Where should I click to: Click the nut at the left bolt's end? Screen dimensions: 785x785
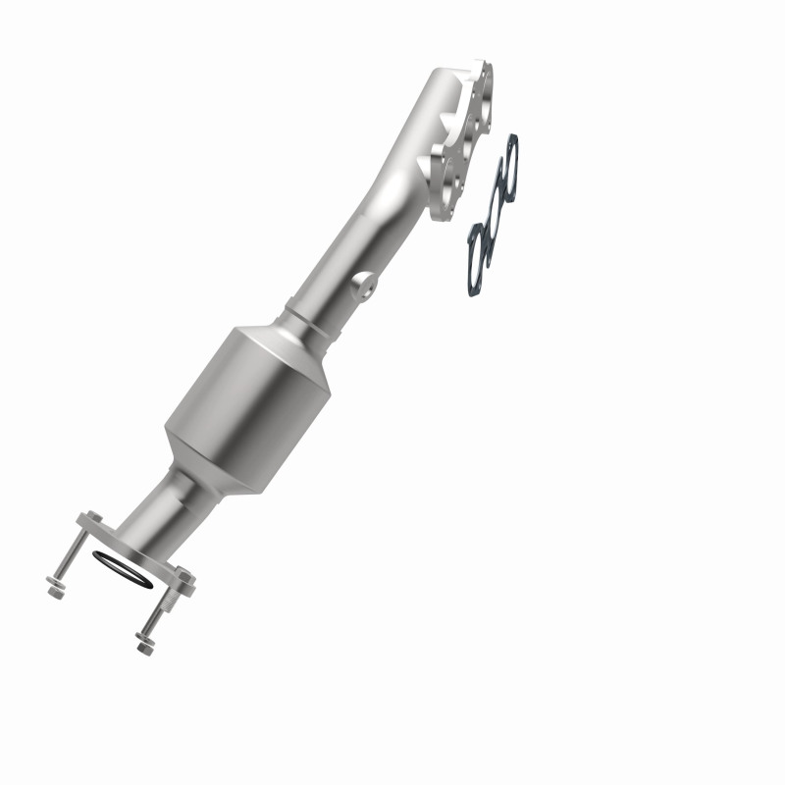54,592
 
